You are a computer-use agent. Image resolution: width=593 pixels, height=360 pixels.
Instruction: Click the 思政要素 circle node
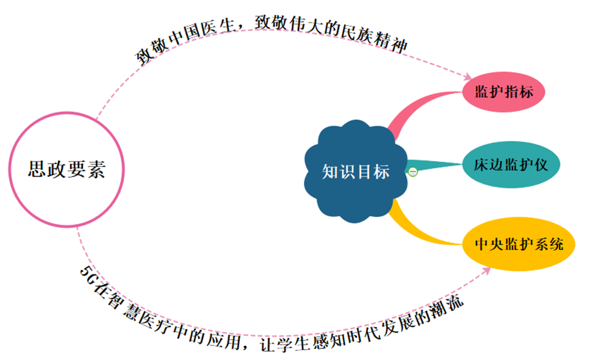(x=66, y=169)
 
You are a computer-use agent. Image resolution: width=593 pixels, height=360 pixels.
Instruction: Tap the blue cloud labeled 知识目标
(x=356, y=171)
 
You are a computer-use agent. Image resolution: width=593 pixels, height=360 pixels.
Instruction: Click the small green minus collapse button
(x=413, y=172)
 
